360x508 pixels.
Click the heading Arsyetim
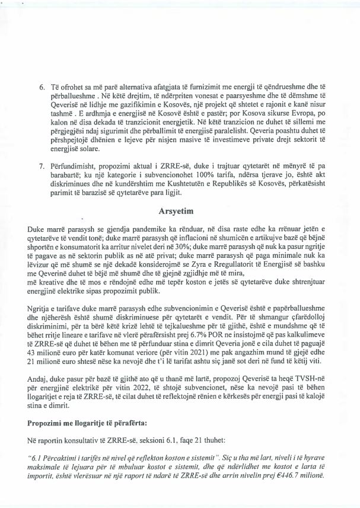coord(180,210)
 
